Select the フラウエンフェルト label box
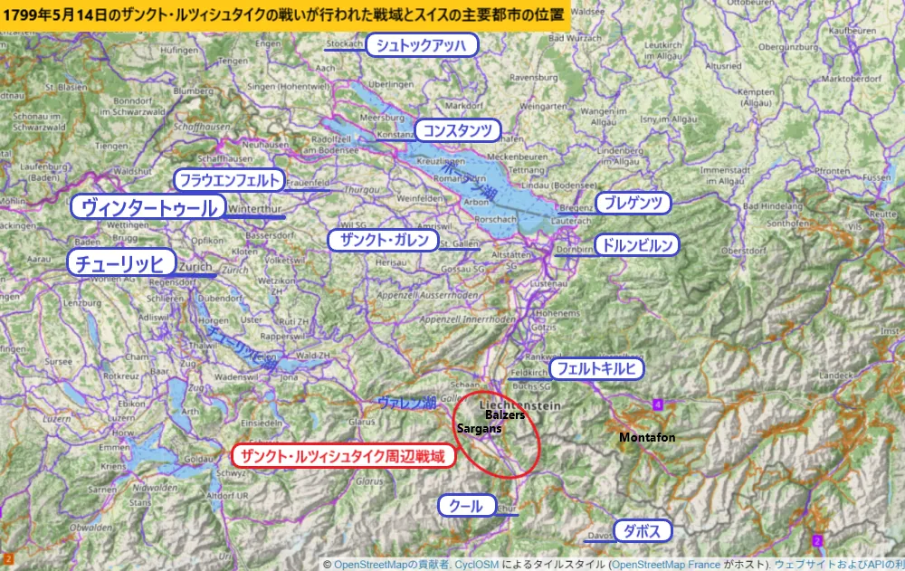tap(229, 179)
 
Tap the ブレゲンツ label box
tap(633, 203)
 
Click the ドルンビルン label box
tap(636, 244)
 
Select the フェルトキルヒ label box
tap(597, 368)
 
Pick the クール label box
tap(467, 506)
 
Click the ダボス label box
tap(643, 530)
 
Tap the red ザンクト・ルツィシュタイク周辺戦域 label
tap(342, 456)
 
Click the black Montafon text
tap(647, 437)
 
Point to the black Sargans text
tap(479, 427)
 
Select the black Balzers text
tap(505, 414)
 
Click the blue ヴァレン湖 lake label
tap(406, 401)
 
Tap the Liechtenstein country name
tap(520, 403)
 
